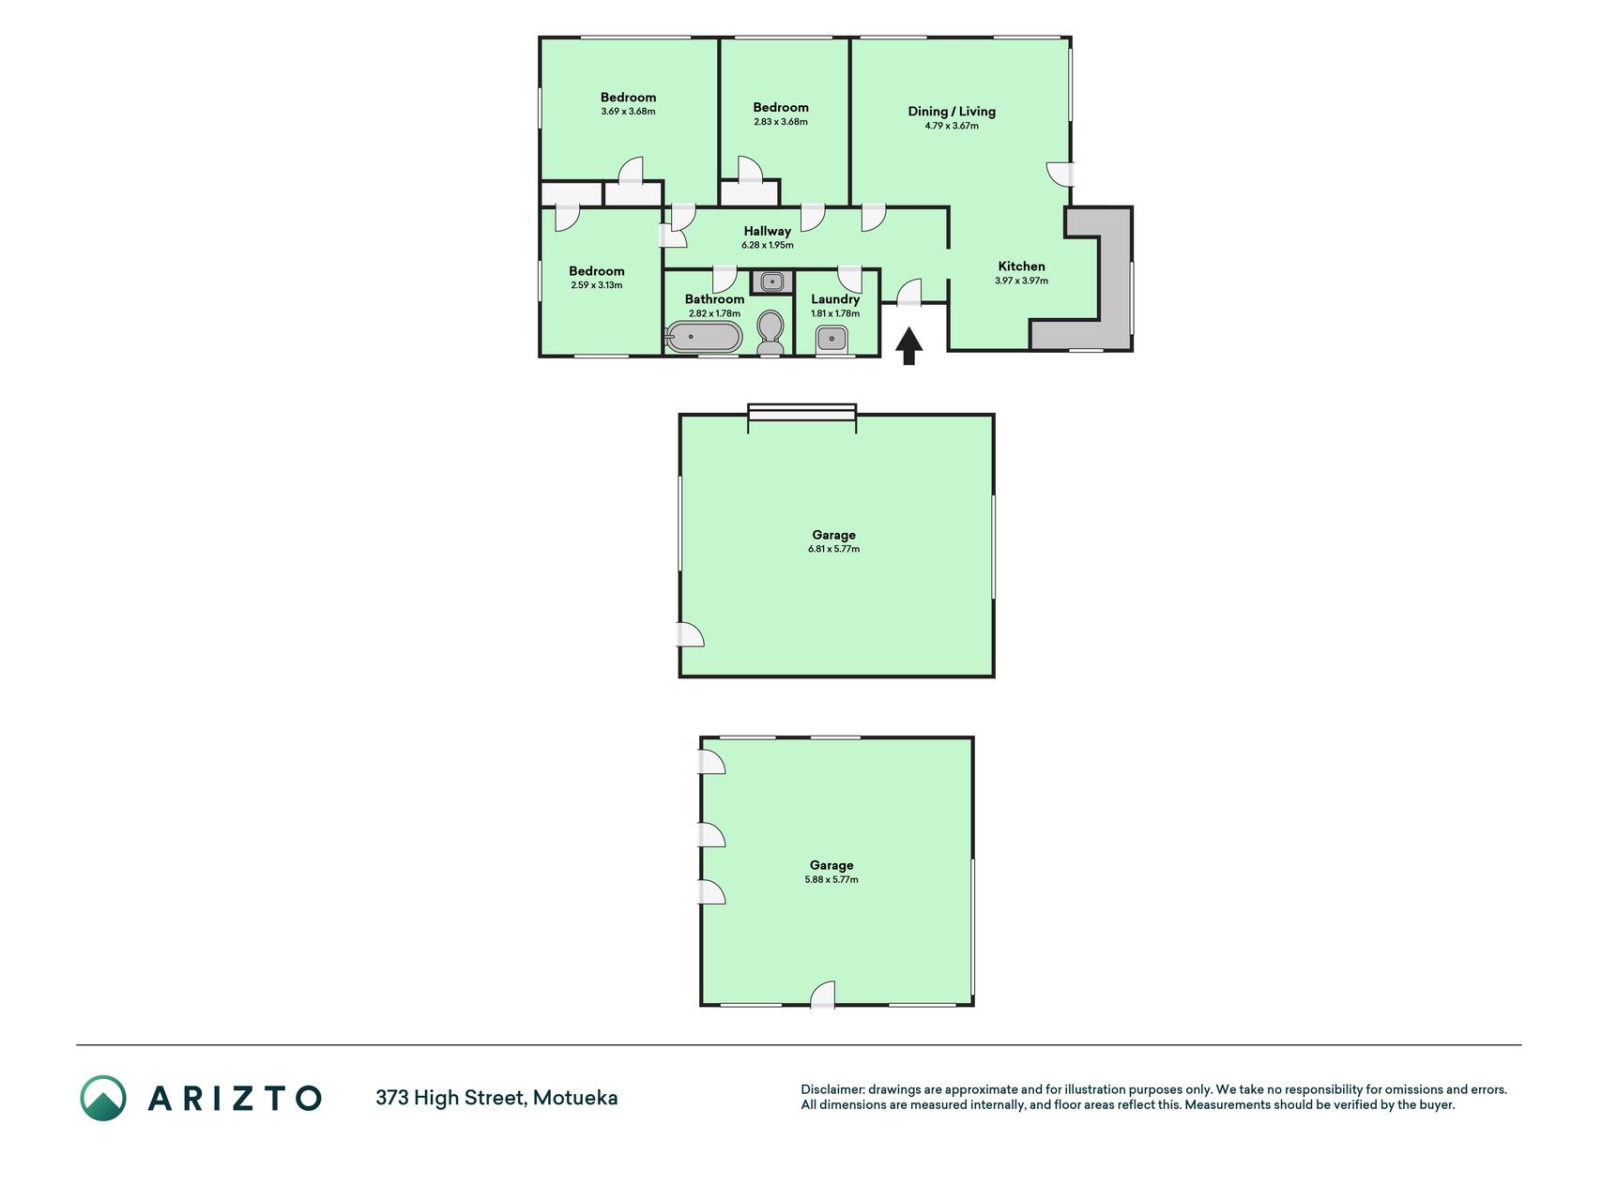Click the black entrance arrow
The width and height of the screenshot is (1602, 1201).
tap(908, 345)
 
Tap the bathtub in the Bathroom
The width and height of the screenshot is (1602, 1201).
tap(704, 337)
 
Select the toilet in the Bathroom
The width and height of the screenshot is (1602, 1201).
tap(770, 333)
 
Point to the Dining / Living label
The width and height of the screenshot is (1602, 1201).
tap(952, 112)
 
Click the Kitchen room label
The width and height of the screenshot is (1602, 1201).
tap(1021, 266)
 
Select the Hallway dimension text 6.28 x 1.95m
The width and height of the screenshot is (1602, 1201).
tap(768, 246)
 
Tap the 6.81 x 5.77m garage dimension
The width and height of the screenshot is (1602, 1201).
tap(833, 550)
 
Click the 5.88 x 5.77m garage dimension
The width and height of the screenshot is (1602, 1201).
tap(832, 880)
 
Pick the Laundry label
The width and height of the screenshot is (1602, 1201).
tap(835, 299)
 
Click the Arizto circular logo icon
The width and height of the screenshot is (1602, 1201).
tap(103, 1098)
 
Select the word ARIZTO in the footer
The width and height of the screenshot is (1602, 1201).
tap(235, 1098)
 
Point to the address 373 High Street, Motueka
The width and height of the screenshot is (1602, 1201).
tap(496, 1098)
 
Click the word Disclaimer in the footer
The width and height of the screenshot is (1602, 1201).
tap(832, 1090)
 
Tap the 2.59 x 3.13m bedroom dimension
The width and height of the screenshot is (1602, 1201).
tap(597, 285)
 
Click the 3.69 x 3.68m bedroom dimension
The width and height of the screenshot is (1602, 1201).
tap(629, 112)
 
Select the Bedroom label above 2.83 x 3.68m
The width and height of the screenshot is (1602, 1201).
tap(781, 108)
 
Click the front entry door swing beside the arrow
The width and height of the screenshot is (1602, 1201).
tap(908, 292)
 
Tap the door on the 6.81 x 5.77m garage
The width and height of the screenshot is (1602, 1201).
tap(691, 634)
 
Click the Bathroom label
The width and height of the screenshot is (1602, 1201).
tap(714, 299)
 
